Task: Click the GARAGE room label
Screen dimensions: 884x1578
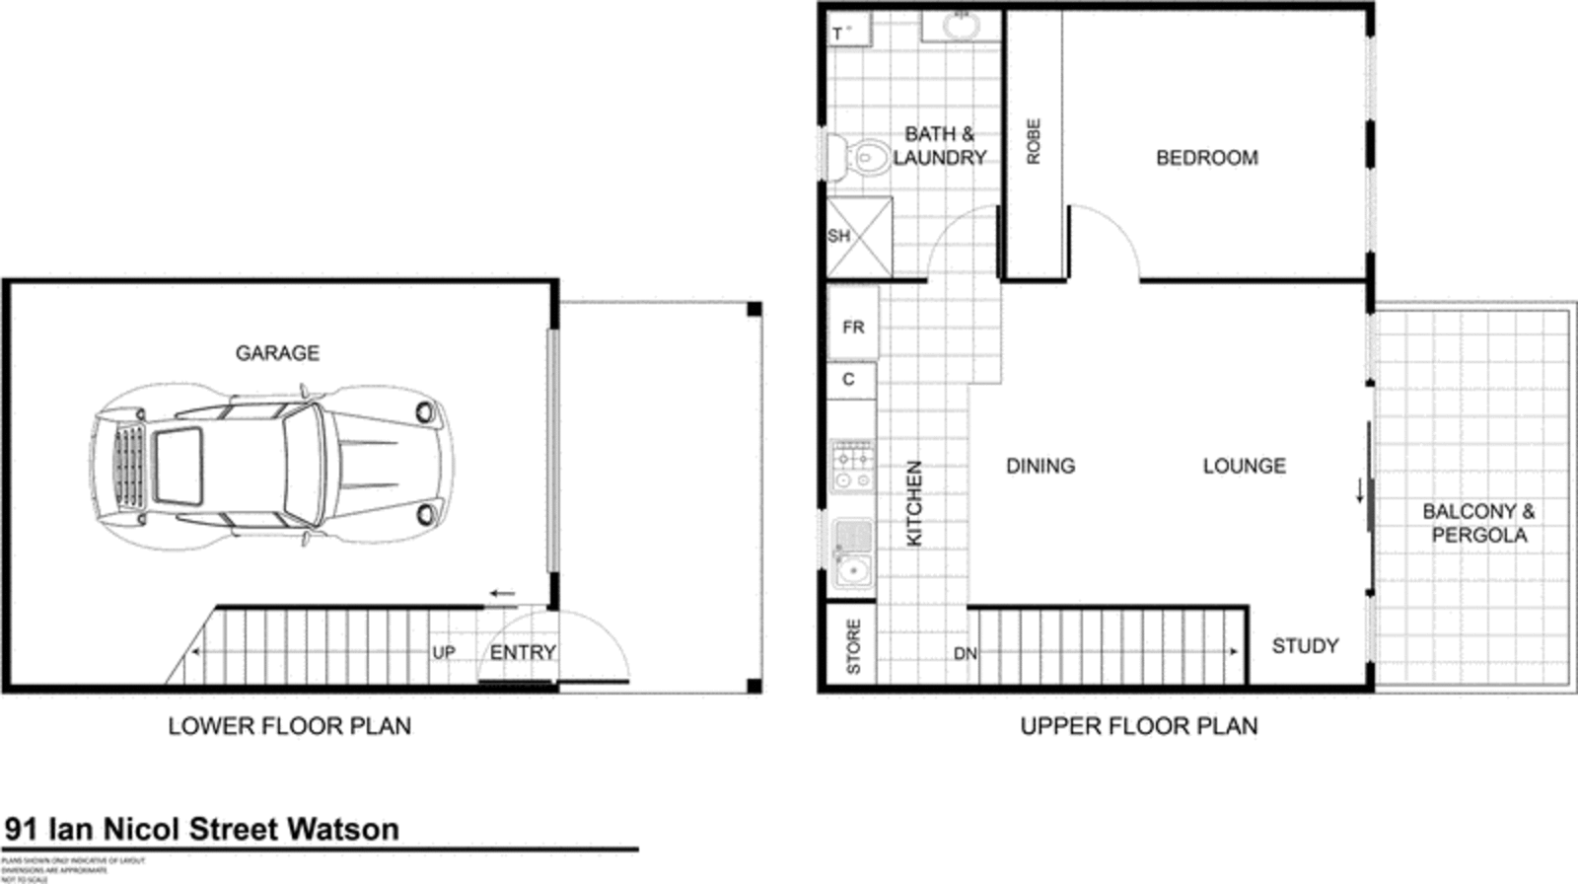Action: (277, 353)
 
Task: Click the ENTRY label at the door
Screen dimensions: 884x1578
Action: (523, 652)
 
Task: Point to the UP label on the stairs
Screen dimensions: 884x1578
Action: (444, 653)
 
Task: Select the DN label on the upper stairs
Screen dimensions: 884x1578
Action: (965, 653)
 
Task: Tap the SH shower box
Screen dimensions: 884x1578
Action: (858, 237)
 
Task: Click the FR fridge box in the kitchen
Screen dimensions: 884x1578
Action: (853, 327)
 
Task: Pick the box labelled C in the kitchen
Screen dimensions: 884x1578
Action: (849, 380)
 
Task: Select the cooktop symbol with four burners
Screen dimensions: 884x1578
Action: (852, 466)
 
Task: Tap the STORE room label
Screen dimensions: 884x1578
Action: (853, 647)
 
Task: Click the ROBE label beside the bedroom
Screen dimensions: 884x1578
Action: (1034, 141)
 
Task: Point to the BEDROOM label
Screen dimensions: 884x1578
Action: (1206, 158)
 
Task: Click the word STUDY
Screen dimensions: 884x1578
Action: (1304, 646)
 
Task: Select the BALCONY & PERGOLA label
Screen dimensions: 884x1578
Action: (1478, 523)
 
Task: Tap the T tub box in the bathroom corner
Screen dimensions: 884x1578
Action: (848, 31)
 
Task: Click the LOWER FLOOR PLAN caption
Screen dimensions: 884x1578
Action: (289, 726)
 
